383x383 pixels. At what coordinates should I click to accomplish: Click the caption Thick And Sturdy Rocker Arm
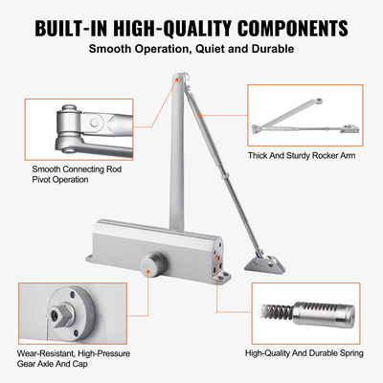tap(305, 155)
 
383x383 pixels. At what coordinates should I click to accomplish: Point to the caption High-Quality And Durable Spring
tap(305, 353)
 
